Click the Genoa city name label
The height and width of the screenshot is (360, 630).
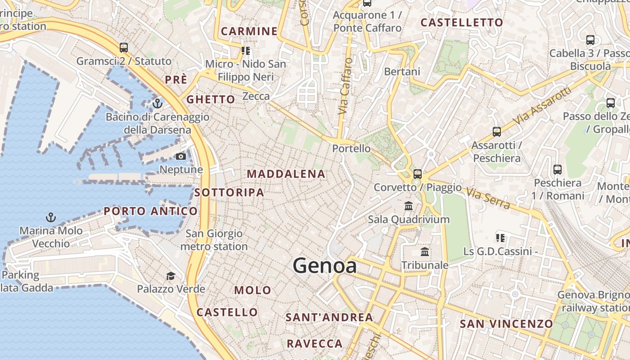[325, 266]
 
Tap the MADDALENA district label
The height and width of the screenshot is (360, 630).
[286, 174]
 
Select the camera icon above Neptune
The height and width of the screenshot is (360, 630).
[181, 156]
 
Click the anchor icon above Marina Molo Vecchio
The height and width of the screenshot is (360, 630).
[51, 217]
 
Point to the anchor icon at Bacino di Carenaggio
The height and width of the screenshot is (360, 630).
[157, 104]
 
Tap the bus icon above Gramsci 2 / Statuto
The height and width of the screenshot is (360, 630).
[124, 47]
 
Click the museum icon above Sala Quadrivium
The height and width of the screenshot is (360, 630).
[409, 206]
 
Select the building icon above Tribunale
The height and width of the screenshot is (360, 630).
[425, 252]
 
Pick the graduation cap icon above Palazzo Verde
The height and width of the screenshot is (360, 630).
[171, 276]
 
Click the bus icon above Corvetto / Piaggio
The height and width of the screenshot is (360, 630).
[418, 174]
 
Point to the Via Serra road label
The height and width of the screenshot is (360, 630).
[488, 198]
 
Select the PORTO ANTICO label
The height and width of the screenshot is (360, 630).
[151, 211]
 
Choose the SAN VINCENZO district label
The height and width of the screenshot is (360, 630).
[506, 324]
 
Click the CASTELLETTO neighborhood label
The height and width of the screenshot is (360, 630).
[462, 22]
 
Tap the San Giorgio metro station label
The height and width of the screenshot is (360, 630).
[214, 240]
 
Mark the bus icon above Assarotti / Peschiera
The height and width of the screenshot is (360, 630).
[496, 132]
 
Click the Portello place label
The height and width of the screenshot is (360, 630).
[351, 148]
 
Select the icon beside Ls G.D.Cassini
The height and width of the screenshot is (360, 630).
[500, 238]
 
